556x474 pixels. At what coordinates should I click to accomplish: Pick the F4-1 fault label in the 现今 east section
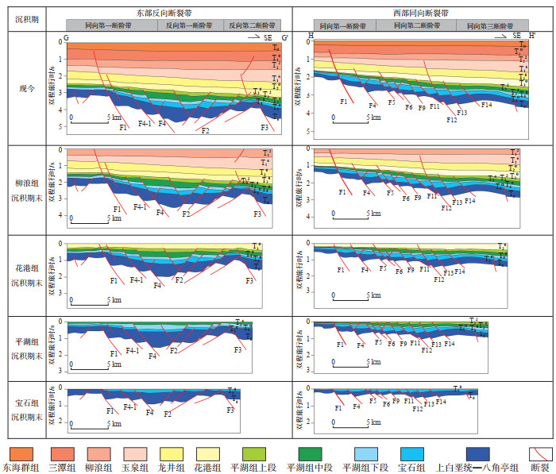pos(145,124)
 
